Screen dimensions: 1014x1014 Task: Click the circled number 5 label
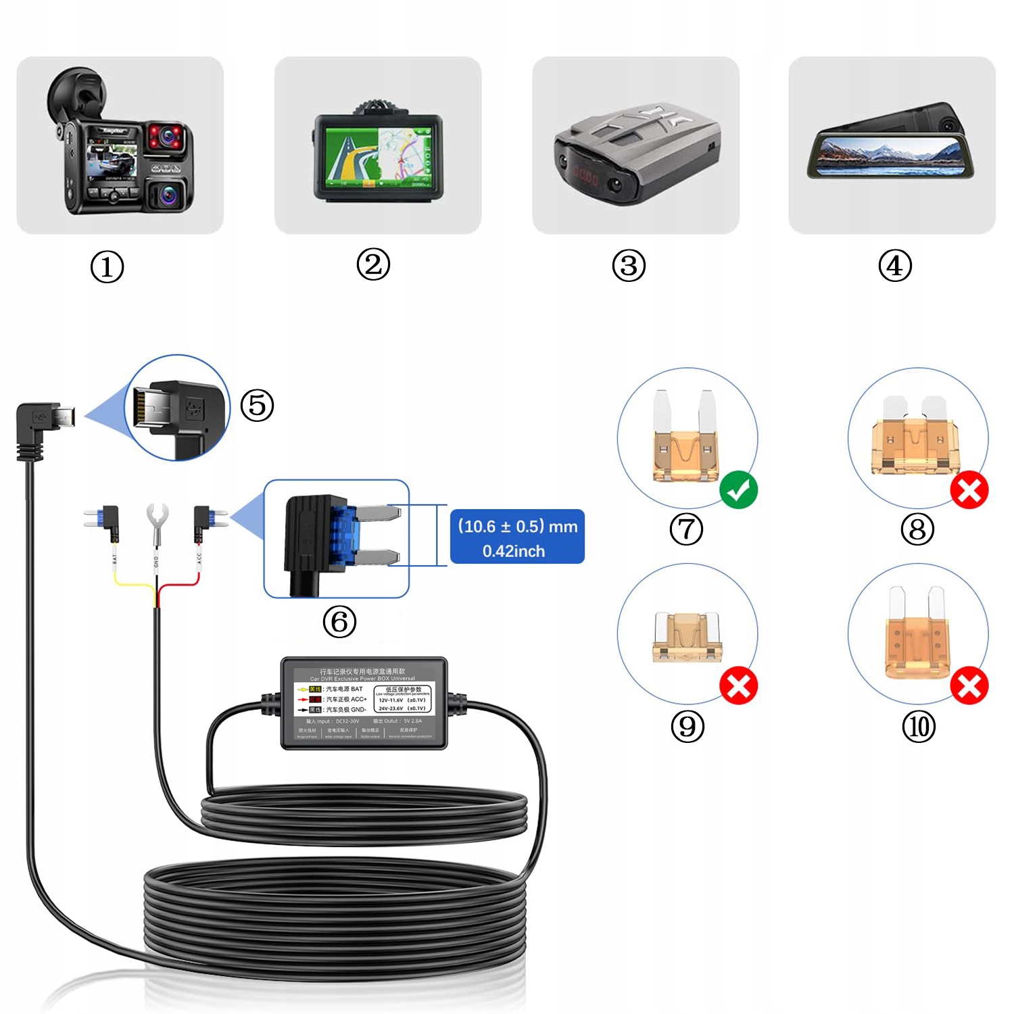pos(258,406)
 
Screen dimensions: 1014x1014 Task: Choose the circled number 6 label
pos(339,622)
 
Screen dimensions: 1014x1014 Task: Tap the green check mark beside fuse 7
pos(738,490)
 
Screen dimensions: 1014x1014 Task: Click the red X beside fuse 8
pos(969,490)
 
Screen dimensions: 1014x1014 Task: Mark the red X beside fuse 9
pos(738,686)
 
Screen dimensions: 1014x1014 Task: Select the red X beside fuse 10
pos(969,686)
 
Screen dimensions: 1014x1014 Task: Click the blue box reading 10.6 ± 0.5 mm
pos(517,537)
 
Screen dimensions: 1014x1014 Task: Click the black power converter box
pos(364,703)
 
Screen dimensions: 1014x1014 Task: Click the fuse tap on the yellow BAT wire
pos(105,519)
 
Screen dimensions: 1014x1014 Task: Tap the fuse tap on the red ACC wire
pos(206,519)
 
